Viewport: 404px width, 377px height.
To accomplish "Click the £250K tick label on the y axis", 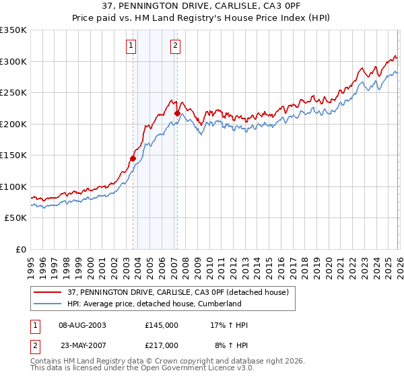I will coord(13,93).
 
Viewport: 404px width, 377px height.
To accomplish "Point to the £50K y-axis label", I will coord(15,218).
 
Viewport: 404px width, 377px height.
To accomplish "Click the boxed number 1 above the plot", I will coord(131,46).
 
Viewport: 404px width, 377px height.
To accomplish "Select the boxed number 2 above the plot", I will coord(175,46).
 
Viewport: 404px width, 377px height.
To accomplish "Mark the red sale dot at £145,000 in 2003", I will coord(133,158).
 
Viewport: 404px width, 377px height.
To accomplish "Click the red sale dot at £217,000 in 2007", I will coord(177,113).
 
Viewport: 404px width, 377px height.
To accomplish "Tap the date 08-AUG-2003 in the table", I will coord(81,325).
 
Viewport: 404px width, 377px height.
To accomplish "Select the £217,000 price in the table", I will coord(162,344).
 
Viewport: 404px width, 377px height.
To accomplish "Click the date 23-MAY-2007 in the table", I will coord(81,344).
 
